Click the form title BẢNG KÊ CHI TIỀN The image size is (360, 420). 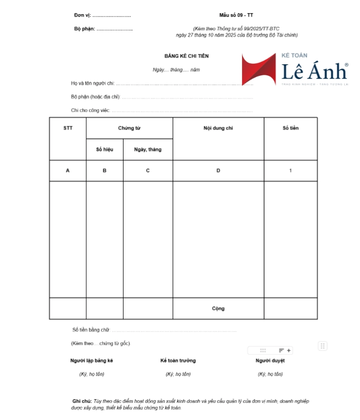tap(186, 56)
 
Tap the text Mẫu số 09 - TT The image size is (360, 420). tap(236, 15)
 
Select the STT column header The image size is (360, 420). tap(68, 128)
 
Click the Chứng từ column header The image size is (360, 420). tap(129, 128)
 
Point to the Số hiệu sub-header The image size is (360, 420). tap(104, 149)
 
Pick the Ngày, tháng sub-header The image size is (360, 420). tap(148, 149)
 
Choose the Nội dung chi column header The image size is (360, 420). tap(218, 128)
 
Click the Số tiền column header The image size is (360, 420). tap(290, 128)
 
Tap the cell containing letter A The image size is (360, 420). tap(68, 171)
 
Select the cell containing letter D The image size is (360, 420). tap(218, 171)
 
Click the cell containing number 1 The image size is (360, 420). tap(290, 171)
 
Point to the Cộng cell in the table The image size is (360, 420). tap(218, 308)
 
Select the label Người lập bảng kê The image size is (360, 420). tap(92, 360)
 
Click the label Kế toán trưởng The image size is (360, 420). tap(178, 360)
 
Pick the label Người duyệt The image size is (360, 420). tap(270, 360)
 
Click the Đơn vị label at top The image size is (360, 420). tap(82, 16)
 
